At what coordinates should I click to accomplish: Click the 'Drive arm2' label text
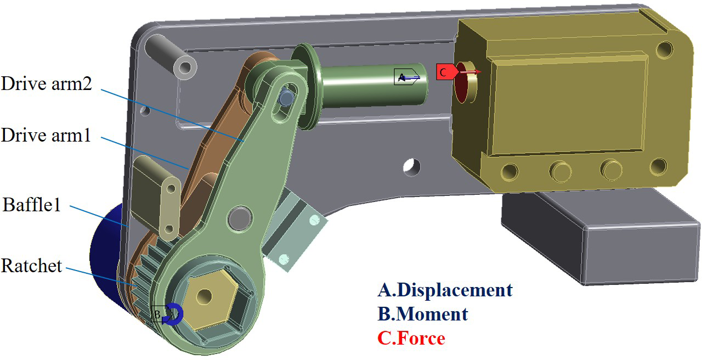coord(47,83)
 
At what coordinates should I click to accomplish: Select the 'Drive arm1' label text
coord(46,135)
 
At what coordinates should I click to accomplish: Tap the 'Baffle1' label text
coord(31,205)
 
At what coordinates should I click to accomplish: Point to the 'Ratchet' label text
coord(31,266)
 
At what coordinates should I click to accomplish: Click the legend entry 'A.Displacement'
coord(445,290)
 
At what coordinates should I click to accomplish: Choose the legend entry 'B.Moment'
coord(423,314)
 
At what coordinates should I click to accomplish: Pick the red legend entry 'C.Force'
coord(411,338)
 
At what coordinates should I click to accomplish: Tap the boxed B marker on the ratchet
coord(157,314)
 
